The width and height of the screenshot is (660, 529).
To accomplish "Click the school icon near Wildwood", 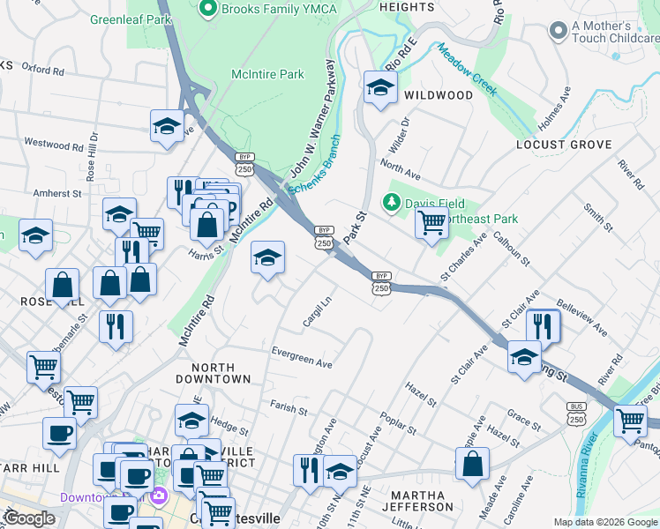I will point(380,87).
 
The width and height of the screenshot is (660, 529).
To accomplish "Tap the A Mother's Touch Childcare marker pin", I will point(557,32).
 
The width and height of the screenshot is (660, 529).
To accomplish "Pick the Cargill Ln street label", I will point(317,311).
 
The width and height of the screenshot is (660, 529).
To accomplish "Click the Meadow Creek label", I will point(467,70).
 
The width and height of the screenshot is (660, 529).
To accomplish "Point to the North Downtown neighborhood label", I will point(213,373).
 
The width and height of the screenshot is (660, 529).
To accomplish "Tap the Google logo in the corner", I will point(29,518).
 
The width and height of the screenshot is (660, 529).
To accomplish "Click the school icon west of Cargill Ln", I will point(267,257).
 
